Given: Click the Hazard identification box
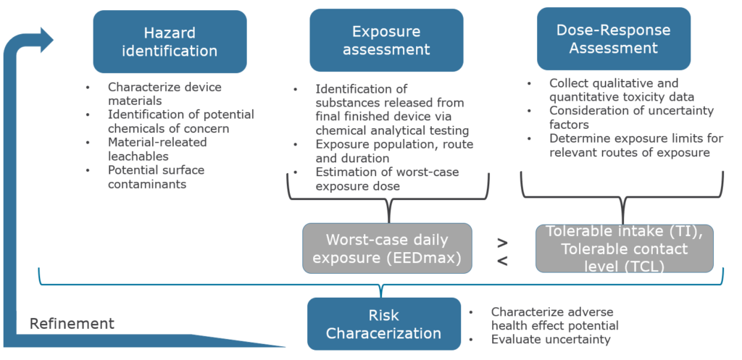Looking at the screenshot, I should click(170, 41).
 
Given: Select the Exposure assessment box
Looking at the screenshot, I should click(386, 41).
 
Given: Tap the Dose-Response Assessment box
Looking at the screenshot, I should click(613, 39).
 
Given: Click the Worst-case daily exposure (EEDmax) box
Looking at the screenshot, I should click(387, 248).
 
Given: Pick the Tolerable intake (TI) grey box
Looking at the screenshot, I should click(624, 248).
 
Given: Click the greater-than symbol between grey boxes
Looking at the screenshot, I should click(503, 242).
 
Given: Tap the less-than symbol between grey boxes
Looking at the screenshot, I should click(503, 261).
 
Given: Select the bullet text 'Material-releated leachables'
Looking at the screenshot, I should click(157, 149).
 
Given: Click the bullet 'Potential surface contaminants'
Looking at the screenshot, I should click(156, 177).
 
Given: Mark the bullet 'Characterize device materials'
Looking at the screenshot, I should click(164, 94).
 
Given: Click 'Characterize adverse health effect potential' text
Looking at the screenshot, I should click(554, 319).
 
